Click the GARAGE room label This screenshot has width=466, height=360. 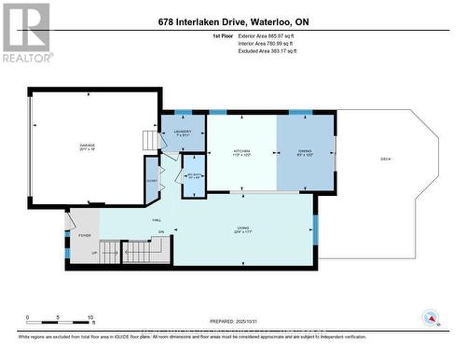[88, 145]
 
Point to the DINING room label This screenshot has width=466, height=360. [305, 152]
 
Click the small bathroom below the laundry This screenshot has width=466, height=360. [193, 175]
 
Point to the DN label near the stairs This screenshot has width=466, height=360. [160, 232]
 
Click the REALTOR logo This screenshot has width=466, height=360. [25, 32]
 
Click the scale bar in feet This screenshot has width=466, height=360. [58, 323]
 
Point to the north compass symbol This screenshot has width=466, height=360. [430, 316]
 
